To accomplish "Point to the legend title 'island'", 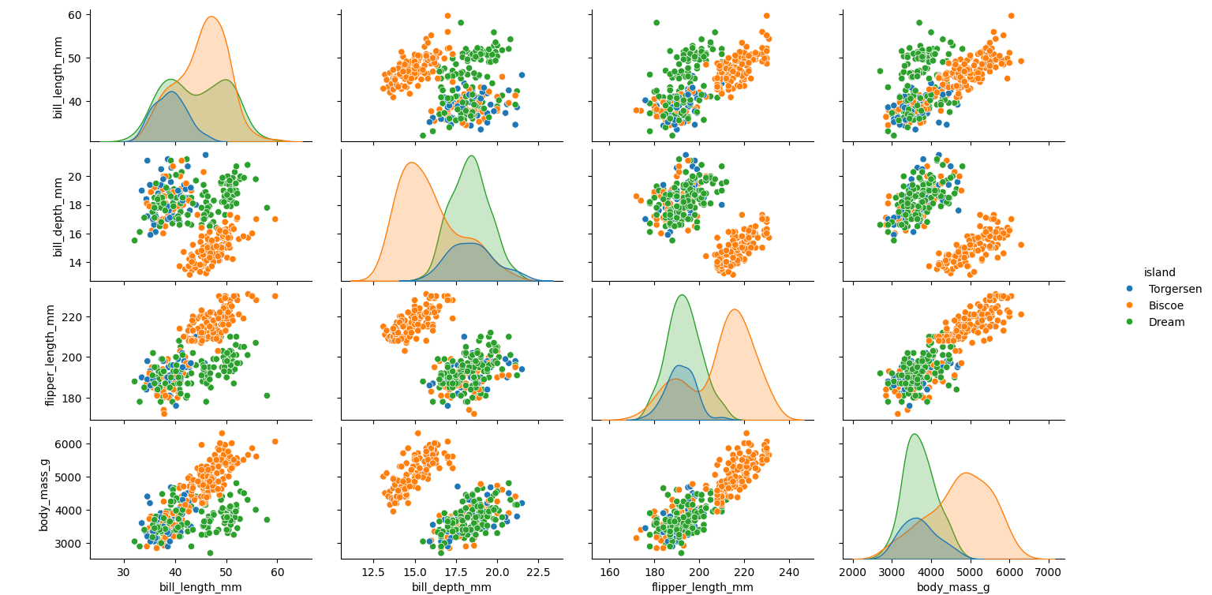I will pos(1159,272).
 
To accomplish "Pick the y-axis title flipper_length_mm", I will pos(50,354).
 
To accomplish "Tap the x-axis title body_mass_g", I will pos(953,587).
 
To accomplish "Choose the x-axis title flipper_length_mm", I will pos(702,587).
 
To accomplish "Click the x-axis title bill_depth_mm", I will pos(451,587).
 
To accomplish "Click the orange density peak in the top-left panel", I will pos(211,17).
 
